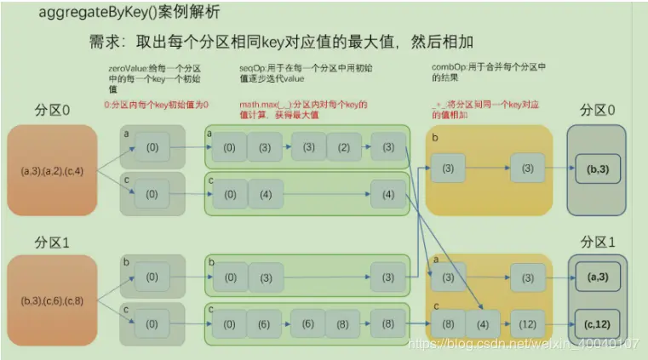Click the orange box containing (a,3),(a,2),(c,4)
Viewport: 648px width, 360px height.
tap(52, 170)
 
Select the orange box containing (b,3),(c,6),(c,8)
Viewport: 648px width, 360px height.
tap(52, 300)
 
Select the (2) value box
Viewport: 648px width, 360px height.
tap(343, 147)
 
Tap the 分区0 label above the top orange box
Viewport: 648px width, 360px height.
tap(52, 112)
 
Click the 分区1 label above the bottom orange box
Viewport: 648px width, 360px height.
tap(52, 243)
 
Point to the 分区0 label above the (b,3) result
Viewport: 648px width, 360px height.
tap(598, 111)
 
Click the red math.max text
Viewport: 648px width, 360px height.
tap(260, 105)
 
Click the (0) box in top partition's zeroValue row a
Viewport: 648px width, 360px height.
tap(152, 147)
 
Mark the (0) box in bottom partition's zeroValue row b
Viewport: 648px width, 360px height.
tap(152, 277)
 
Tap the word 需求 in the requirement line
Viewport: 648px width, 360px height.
tap(105, 43)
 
